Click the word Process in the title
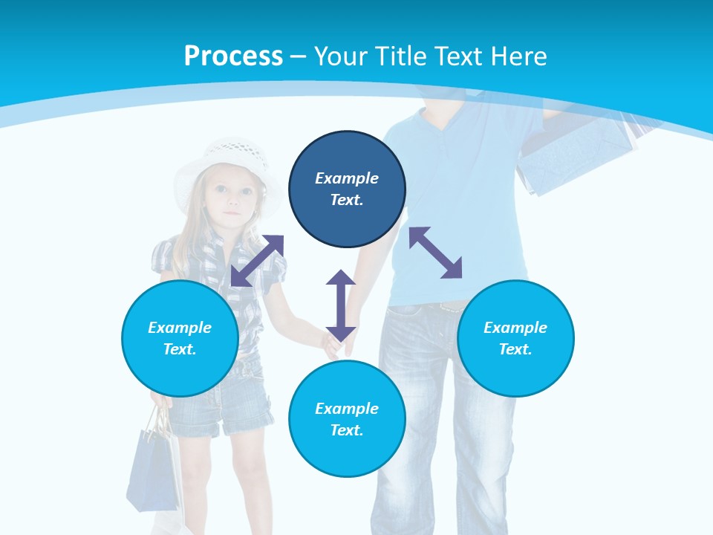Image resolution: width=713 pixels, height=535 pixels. [233, 56]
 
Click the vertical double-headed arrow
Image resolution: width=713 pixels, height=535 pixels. [341, 305]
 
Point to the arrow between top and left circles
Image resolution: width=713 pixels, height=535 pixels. [257, 260]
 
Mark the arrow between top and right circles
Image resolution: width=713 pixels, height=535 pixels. [435, 253]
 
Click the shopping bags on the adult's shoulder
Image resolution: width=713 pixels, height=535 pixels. [579, 152]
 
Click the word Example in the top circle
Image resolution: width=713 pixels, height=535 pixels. [347, 178]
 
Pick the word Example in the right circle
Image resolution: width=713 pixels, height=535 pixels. [515, 328]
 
